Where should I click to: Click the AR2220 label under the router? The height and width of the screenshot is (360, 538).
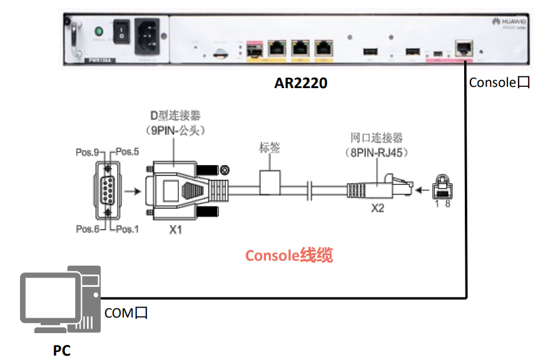(300, 82)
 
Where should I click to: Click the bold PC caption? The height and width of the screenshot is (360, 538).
(61, 351)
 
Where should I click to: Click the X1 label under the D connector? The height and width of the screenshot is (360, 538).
(176, 230)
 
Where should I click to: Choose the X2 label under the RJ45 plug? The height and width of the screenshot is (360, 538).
(377, 207)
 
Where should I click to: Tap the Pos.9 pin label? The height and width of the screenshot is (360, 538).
(87, 152)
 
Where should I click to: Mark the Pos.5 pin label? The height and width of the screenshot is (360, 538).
(127, 152)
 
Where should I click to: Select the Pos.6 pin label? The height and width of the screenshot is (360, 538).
(87, 229)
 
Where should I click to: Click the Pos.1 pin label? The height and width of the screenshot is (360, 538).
(127, 229)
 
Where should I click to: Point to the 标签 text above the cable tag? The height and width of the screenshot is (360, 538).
(269, 148)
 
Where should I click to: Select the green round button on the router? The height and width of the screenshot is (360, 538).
(98, 31)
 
